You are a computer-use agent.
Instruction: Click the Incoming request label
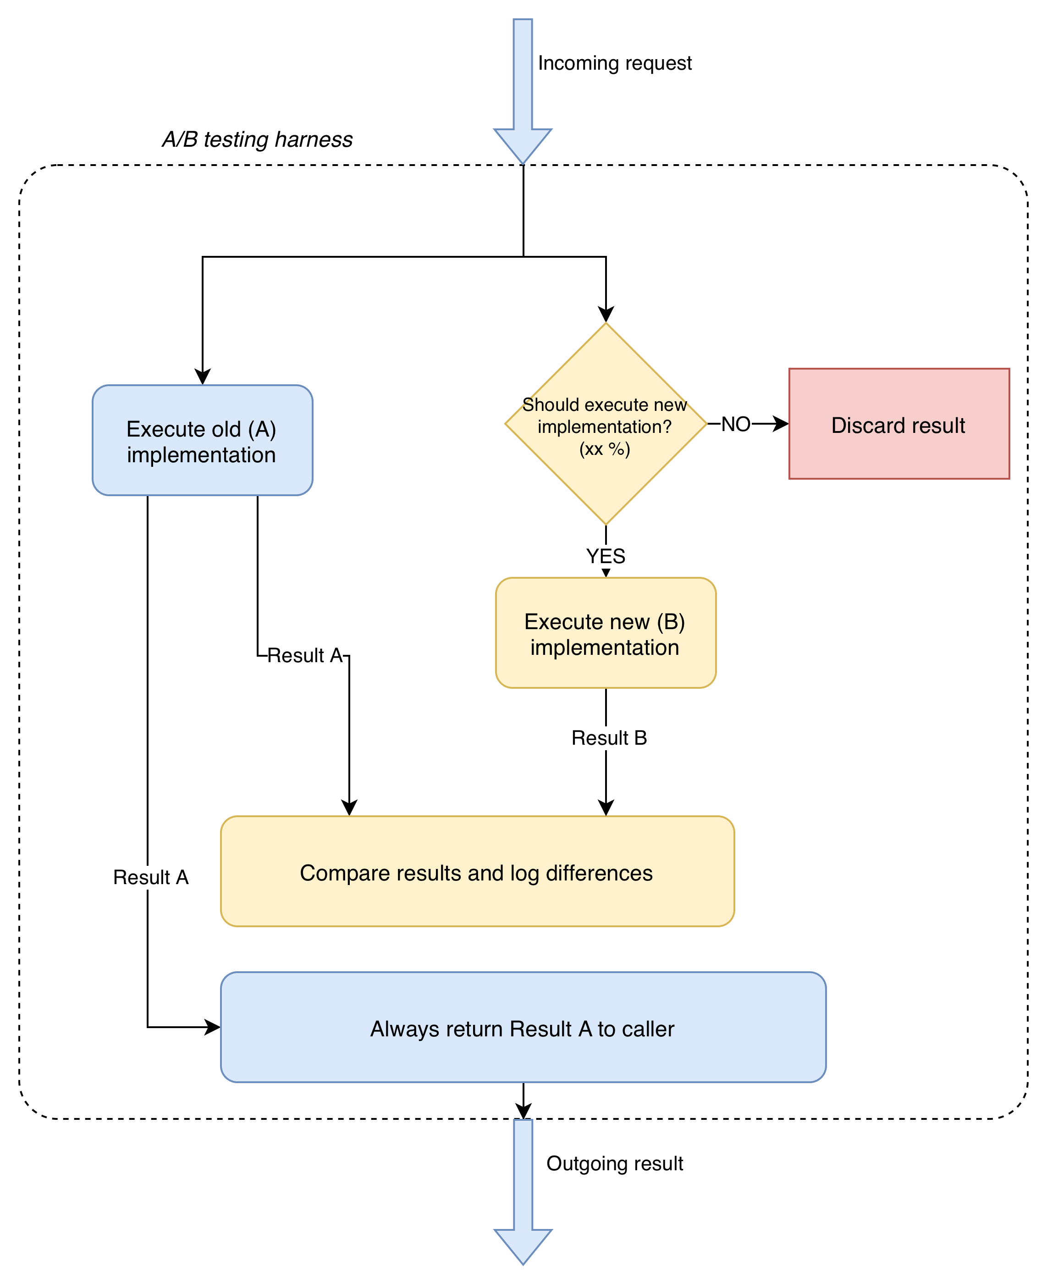[x=615, y=63]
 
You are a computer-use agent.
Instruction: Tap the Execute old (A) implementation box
[x=202, y=441]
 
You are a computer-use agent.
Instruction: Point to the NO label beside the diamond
[x=736, y=424]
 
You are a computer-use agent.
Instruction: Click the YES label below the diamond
[x=606, y=556]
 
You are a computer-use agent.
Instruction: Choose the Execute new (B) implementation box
[x=606, y=633]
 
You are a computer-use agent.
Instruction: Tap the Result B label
[x=609, y=738]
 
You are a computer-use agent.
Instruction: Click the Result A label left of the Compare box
[x=151, y=877]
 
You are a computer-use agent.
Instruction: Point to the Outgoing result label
[x=615, y=1163]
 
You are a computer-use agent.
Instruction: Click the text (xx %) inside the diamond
[x=604, y=449]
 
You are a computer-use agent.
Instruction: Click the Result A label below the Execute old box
[x=304, y=655]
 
